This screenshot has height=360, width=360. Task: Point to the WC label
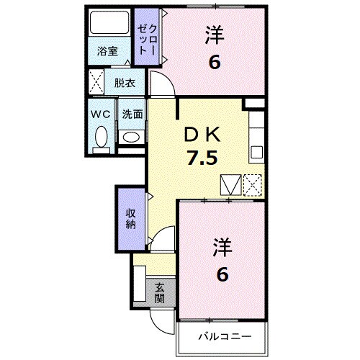pyautogui.click(x=101, y=114)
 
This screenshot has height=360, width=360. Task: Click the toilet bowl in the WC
pyautogui.click(x=101, y=136)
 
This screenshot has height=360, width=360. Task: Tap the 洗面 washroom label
pyautogui.click(x=131, y=114)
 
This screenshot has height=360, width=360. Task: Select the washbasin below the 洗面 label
pyautogui.click(x=130, y=137)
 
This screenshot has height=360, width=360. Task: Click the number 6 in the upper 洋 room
pyautogui.click(x=214, y=63)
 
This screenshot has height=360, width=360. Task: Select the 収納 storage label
pyautogui.click(x=130, y=218)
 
